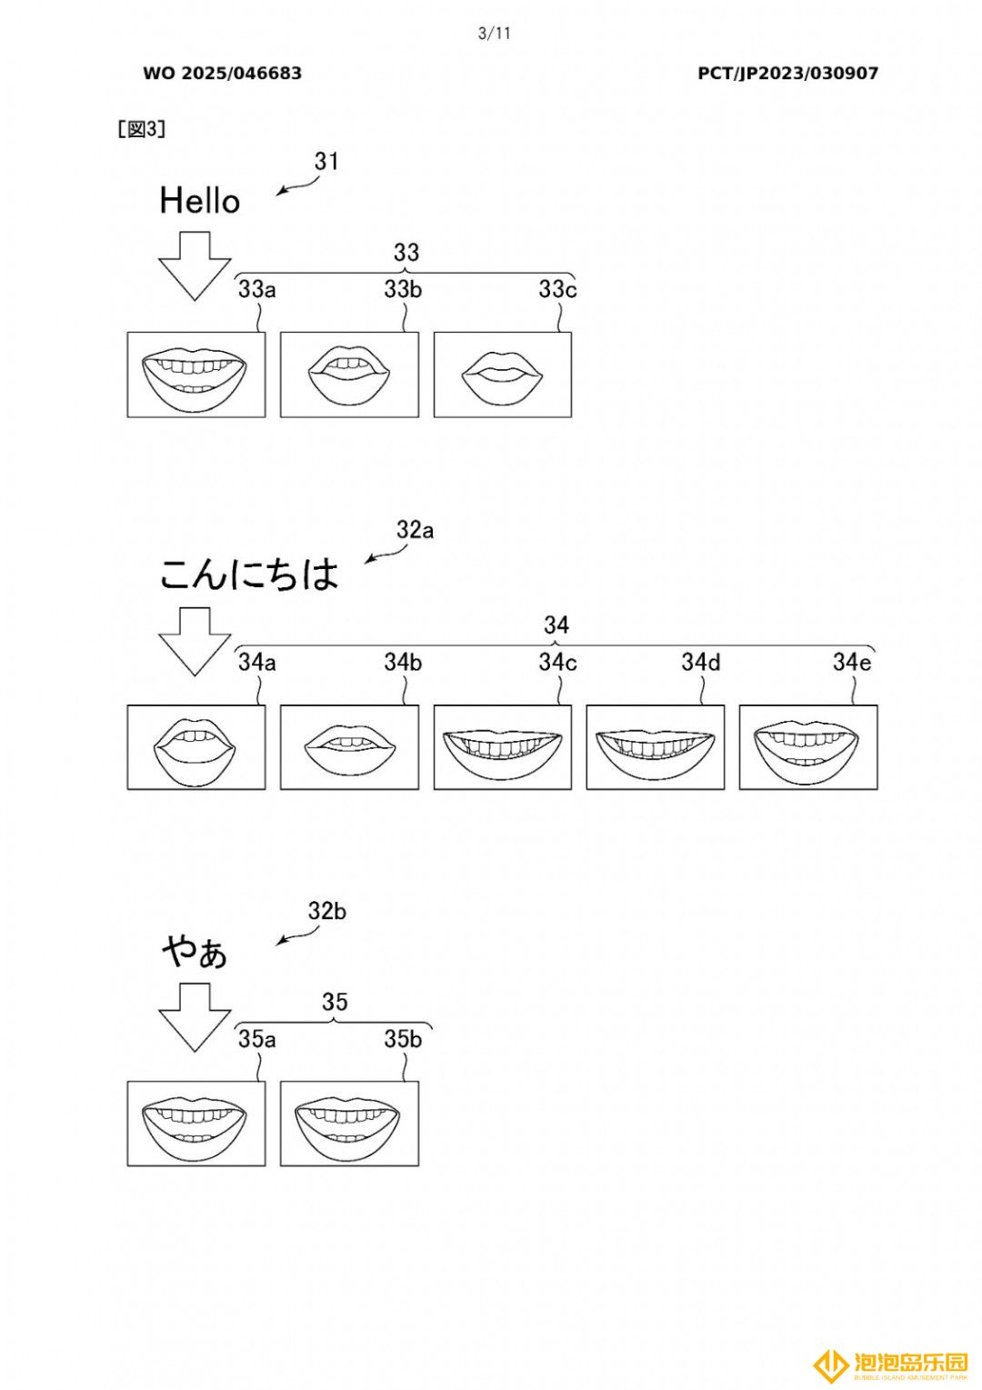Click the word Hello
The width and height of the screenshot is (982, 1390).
(x=199, y=201)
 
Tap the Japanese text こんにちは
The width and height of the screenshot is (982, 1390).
(x=249, y=575)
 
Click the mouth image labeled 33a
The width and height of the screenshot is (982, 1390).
(x=196, y=375)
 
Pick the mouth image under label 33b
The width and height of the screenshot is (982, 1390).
(x=349, y=375)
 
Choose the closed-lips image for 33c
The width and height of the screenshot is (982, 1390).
(x=503, y=375)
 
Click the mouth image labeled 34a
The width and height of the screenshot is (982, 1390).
(x=196, y=747)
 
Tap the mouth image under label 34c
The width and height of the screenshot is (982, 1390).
(x=503, y=747)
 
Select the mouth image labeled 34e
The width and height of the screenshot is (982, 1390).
(x=809, y=747)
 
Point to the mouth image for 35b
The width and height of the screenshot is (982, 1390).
(x=349, y=1124)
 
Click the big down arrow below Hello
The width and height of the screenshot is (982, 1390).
(x=195, y=266)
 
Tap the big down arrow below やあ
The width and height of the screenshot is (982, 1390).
(x=195, y=1017)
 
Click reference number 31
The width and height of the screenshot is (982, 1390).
(x=326, y=161)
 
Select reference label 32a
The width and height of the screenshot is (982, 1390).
(x=416, y=530)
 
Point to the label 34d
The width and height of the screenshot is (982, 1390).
(x=701, y=662)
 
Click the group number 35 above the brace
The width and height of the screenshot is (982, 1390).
(x=336, y=1002)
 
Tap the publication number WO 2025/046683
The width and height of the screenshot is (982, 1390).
(x=222, y=74)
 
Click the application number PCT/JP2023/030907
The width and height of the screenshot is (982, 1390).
(x=787, y=74)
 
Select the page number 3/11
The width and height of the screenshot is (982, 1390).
(x=494, y=34)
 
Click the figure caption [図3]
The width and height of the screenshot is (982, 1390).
(x=142, y=129)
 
